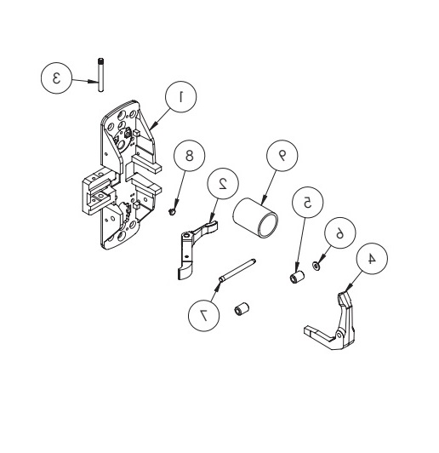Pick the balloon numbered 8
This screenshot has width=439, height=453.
coord(190,156)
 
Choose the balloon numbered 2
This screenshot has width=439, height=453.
coord(224,182)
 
